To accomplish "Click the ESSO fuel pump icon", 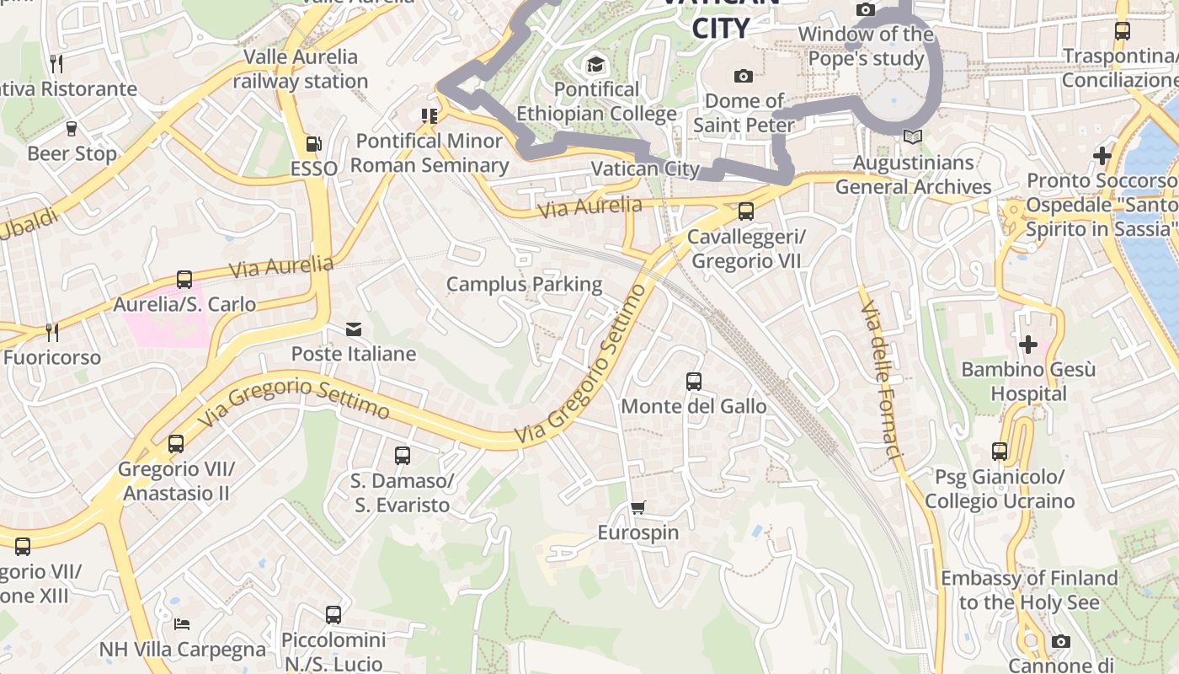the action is click(x=313, y=144).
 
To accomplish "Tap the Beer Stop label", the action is click(x=72, y=153).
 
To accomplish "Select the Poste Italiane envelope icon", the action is click(x=354, y=329).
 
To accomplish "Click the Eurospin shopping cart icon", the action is click(x=638, y=507).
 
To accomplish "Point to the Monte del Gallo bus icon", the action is click(x=694, y=382).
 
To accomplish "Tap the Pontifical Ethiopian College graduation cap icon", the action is click(x=595, y=64).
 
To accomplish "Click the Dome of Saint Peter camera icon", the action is click(x=743, y=77).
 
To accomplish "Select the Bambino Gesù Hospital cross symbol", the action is click(x=1027, y=345).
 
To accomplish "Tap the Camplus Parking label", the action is click(x=524, y=284).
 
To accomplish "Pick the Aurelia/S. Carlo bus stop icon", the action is click(x=184, y=280).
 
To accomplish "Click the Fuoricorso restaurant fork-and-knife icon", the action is click(x=51, y=332).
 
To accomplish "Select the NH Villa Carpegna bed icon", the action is click(x=182, y=624).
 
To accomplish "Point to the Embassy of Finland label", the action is click(x=1029, y=590).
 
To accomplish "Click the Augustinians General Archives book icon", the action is click(x=912, y=136).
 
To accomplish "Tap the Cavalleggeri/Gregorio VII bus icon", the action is click(x=745, y=211).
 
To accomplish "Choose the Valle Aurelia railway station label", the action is click(x=301, y=69).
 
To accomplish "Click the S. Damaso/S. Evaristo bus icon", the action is click(x=403, y=456).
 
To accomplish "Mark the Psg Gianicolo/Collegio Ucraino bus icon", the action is click(x=1000, y=452).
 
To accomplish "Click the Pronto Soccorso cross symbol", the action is click(x=1102, y=156).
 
